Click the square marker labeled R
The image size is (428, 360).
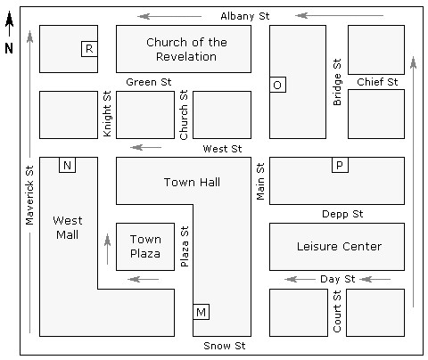click(x=89, y=49)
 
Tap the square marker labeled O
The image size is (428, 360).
click(x=277, y=85)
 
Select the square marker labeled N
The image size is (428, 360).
click(x=68, y=165)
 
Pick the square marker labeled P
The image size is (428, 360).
click(x=340, y=165)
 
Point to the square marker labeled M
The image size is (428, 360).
click(x=202, y=312)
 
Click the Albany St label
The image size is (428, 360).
click(x=245, y=16)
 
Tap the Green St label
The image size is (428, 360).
click(x=149, y=82)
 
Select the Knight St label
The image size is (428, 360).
click(x=107, y=114)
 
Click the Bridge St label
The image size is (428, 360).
click(x=337, y=82)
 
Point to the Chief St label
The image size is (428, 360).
click(x=377, y=82)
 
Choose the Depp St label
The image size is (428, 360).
click(x=342, y=214)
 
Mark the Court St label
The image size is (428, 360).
click(x=337, y=311)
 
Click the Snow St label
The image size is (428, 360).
click(x=225, y=346)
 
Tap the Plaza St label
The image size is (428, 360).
click(x=185, y=246)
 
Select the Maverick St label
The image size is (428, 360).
click(x=29, y=195)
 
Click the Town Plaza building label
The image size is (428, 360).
click(x=145, y=246)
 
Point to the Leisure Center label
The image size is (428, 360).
click(x=339, y=246)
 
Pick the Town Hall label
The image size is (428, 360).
click(x=192, y=182)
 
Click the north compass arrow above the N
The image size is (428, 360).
click(x=9, y=24)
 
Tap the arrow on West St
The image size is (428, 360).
click(x=146, y=147)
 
